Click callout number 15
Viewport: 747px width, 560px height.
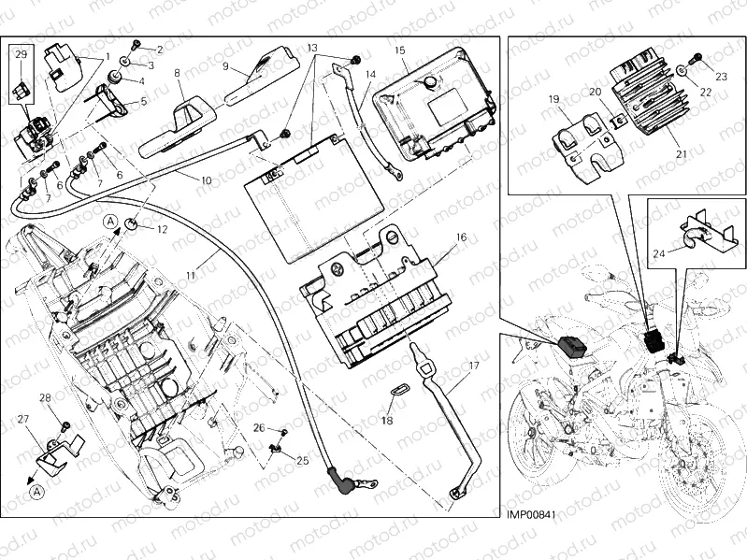pyautogui.click(x=399, y=50)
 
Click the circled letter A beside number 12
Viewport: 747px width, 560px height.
pyautogui.click(x=110, y=221)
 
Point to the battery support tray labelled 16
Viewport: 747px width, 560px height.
pyautogui.click(x=374, y=299)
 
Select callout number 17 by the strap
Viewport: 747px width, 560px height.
pyautogui.click(x=474, y=366)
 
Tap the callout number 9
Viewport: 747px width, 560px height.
pyautogui.click(x=226, y=66)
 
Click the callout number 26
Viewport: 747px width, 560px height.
pyautogui.click(x=258, y=428)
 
